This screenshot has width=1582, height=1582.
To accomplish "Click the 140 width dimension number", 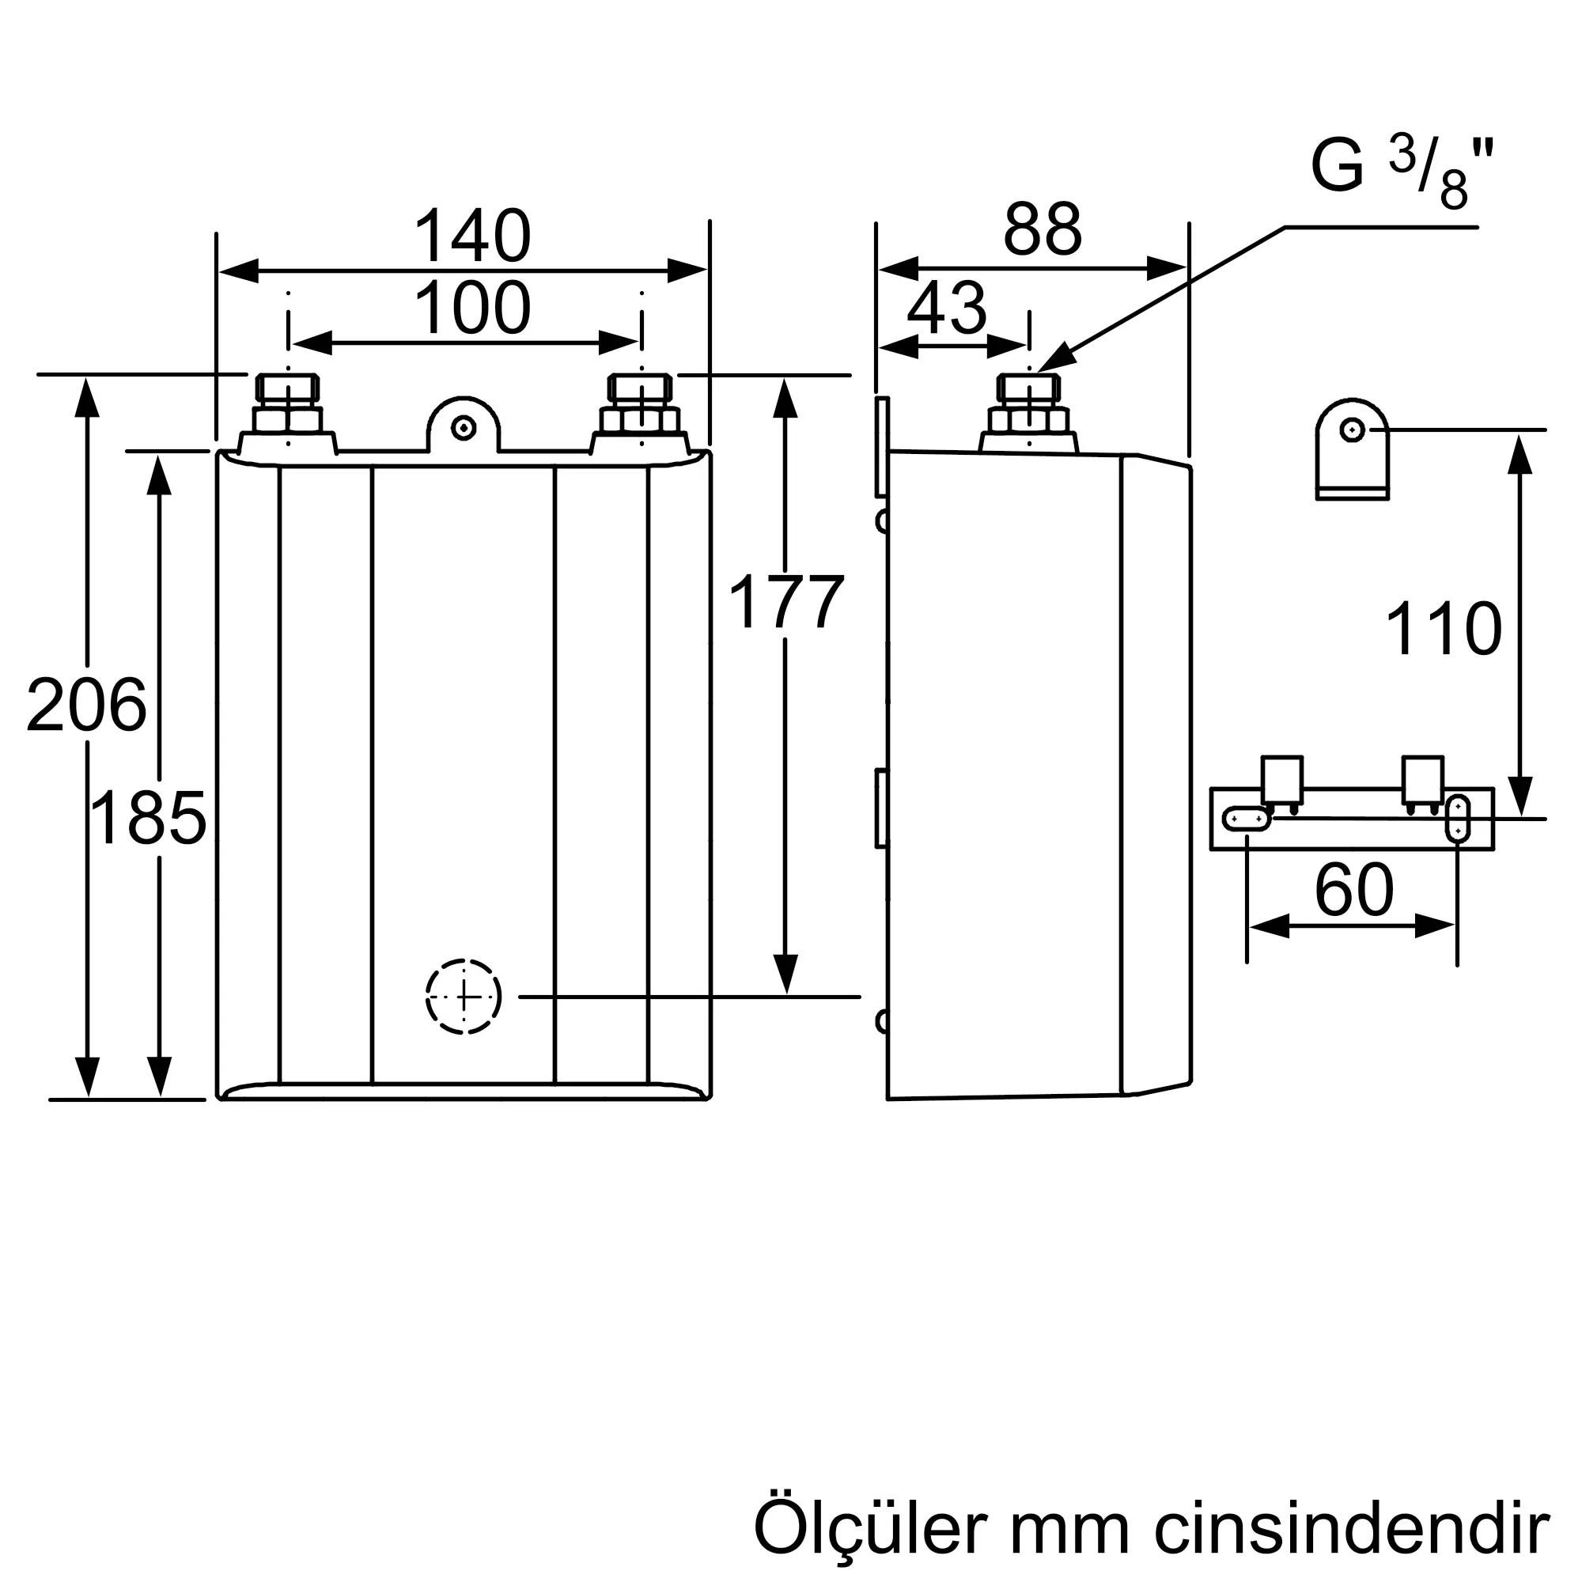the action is tap(472, 237).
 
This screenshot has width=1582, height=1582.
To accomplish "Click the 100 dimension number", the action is tap(472, 308).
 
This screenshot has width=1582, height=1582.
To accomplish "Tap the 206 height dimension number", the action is tap(86, 705).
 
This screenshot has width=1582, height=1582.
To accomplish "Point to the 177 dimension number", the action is tap(785, 602).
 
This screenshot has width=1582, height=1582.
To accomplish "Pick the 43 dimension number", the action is tap(948, 308).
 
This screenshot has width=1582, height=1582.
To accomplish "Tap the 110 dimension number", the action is tap(1443, 628).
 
